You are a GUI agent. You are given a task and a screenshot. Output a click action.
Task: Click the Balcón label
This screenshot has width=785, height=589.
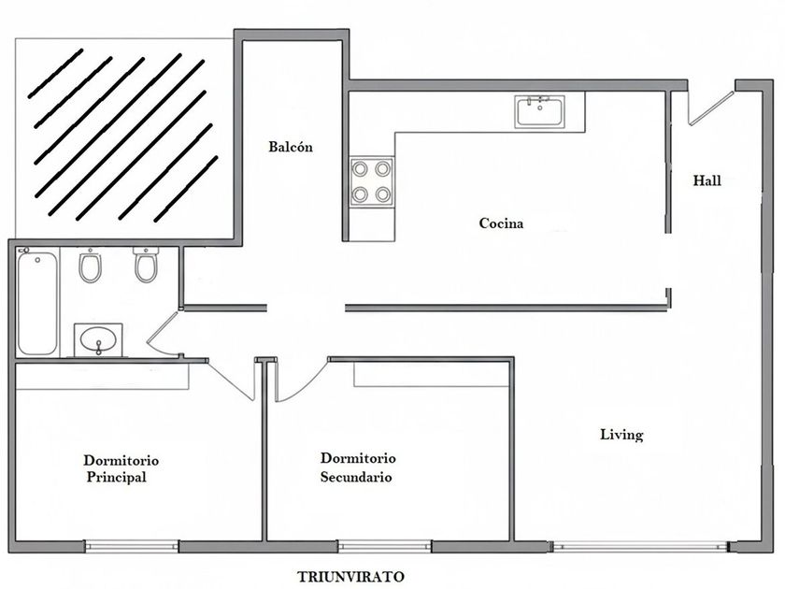tap(290, 147)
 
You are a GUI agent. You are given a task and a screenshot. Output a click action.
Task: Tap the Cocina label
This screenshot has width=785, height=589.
tap(501, 223)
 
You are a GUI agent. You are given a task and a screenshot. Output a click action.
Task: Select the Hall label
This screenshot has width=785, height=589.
tap(707, 181)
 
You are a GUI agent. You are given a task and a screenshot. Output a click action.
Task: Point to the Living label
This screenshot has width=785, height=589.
tap(621, 435)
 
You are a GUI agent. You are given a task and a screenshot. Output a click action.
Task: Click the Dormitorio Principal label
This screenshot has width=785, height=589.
tap(121, 468)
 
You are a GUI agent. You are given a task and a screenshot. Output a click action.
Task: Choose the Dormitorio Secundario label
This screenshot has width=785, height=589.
tap(358, 467)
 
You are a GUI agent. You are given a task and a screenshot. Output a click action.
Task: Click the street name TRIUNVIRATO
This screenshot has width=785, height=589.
tap(351, 576)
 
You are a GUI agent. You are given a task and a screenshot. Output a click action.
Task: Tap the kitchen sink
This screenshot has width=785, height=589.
tap(539, 112)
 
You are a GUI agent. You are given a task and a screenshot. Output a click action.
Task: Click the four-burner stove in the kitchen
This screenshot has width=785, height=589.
tap(371, 181)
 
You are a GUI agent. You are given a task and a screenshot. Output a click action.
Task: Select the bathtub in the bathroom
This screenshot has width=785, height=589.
tap(36, 301)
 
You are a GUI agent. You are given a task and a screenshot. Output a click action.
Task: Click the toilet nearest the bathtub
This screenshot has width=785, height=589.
tap(91, 266)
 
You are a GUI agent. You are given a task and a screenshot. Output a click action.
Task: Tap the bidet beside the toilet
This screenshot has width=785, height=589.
tap(145, 265)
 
